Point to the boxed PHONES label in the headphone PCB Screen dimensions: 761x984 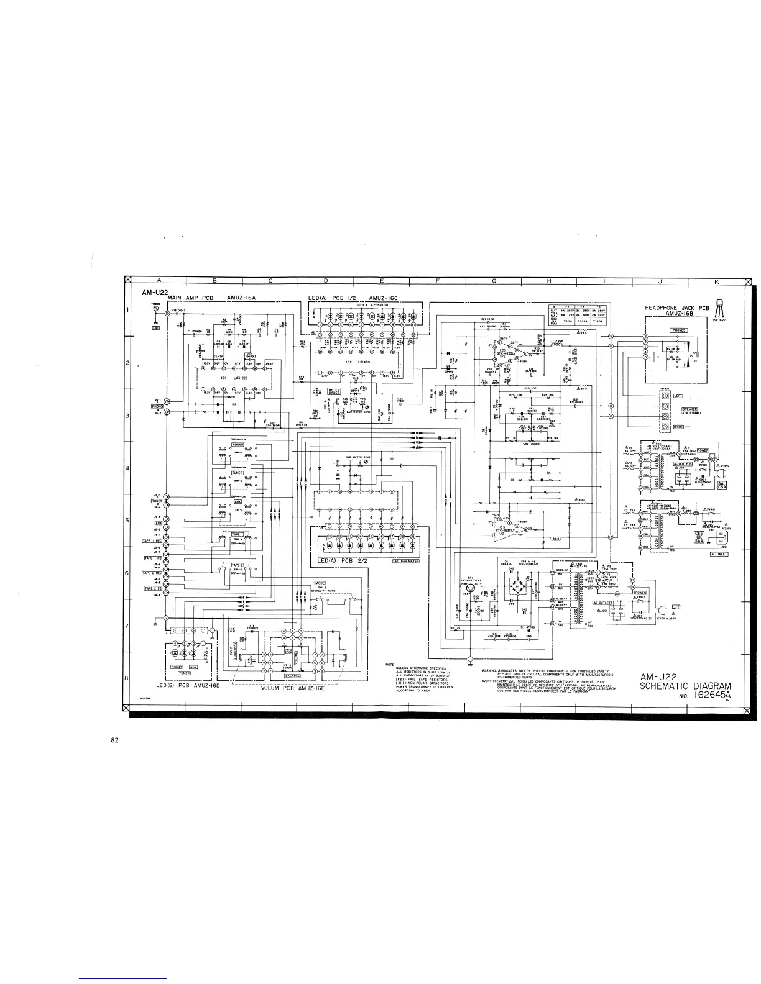click(x=678, y=330)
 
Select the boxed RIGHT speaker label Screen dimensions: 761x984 click(x=678, y=427)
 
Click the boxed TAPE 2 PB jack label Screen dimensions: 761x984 click(x=153, y=588)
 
